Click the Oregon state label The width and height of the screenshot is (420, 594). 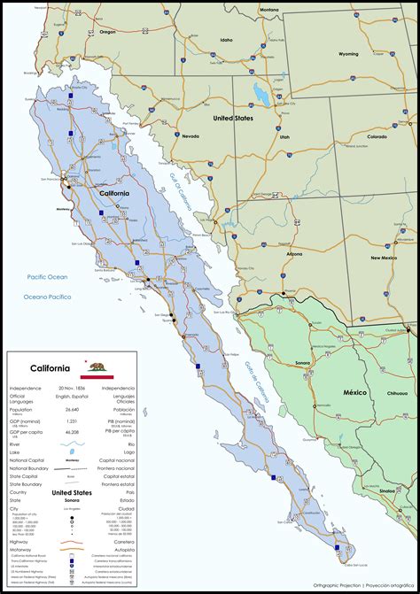coord(108,31)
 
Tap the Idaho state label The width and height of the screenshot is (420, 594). coord(227,40)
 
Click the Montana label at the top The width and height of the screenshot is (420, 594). coord(268,9)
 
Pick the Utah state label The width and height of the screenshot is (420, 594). coord(284,138)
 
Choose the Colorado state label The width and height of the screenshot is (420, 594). coord(377,137)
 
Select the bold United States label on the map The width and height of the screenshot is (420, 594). coord(232,117)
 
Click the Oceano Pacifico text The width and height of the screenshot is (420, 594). coord(47,297)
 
